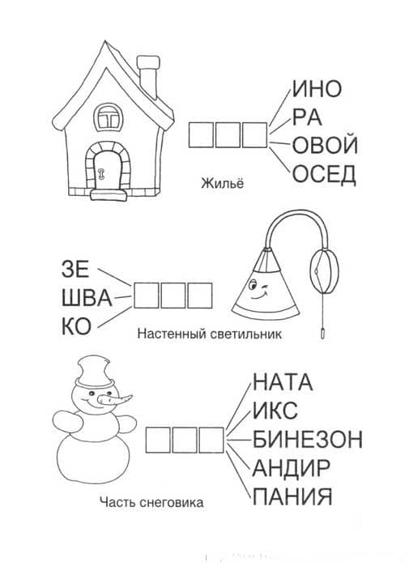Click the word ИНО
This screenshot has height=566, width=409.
(316, 89)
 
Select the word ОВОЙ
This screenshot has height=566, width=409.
(325, 145)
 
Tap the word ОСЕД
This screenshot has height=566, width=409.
(324, 174)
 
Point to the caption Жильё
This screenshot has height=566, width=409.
(223, 183)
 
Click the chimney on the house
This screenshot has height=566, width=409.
(147, 77)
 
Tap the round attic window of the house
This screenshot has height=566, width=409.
(108, 117)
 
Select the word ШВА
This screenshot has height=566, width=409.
(87, 299)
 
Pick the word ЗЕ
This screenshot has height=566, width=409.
(75, 269)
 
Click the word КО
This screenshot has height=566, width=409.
(76, 326)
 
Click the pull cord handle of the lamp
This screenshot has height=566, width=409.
(322, 333)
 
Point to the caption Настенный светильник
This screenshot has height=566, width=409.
(210, 334)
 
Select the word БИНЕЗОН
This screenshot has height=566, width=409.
(307, 440)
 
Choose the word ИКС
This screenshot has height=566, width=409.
(275, 411)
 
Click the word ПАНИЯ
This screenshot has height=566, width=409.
(292, 496)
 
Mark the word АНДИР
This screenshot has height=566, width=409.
(291, 468)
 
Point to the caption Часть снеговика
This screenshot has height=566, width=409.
(151, 502)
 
